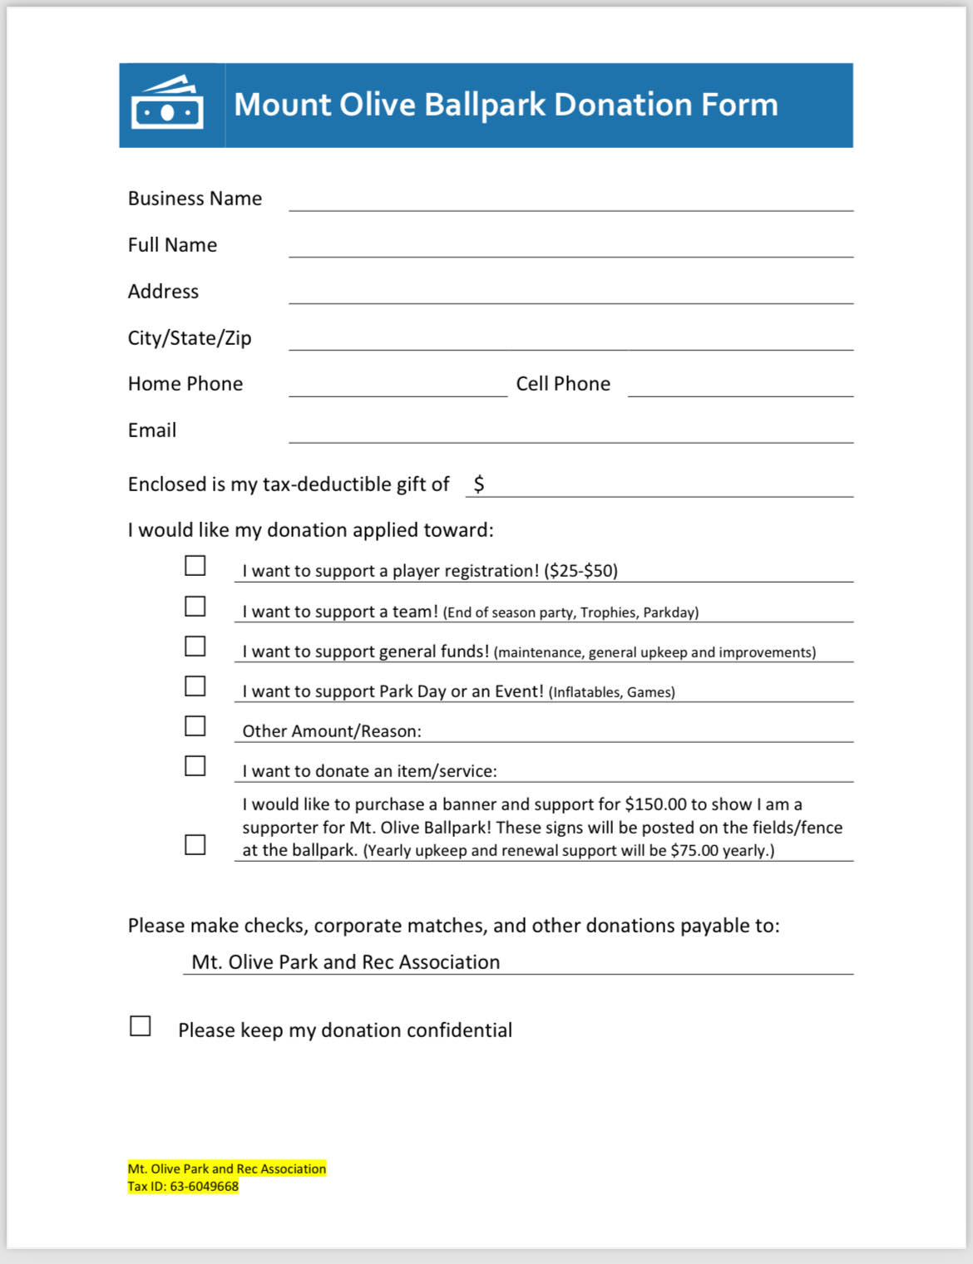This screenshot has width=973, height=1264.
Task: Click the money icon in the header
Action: [x=167, y=104]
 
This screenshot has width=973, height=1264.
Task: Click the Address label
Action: [x=163, y=292]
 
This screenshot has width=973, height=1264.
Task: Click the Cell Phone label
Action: [x=563, y=384]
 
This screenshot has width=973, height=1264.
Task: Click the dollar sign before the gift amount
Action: [x=479, y=484]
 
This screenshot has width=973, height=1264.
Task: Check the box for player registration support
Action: [x=195, y=566]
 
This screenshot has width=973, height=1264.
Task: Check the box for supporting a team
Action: [x=195, y=607]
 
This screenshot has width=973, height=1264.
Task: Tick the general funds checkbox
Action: [x=195, y=647]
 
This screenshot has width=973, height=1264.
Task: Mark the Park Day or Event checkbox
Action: [x=195, y=686]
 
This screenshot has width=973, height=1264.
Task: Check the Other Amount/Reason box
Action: [x=195, y=726]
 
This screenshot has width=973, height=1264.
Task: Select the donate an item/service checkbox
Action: [x=195, y=766]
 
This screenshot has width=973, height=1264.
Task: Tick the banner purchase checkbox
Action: [x=195, y=845]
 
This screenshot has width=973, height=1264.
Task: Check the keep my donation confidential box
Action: [x=141, y=1026]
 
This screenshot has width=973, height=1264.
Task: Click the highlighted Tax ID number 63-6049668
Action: [x=204, y=1187]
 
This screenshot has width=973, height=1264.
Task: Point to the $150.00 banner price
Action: [x=656, y=804]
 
